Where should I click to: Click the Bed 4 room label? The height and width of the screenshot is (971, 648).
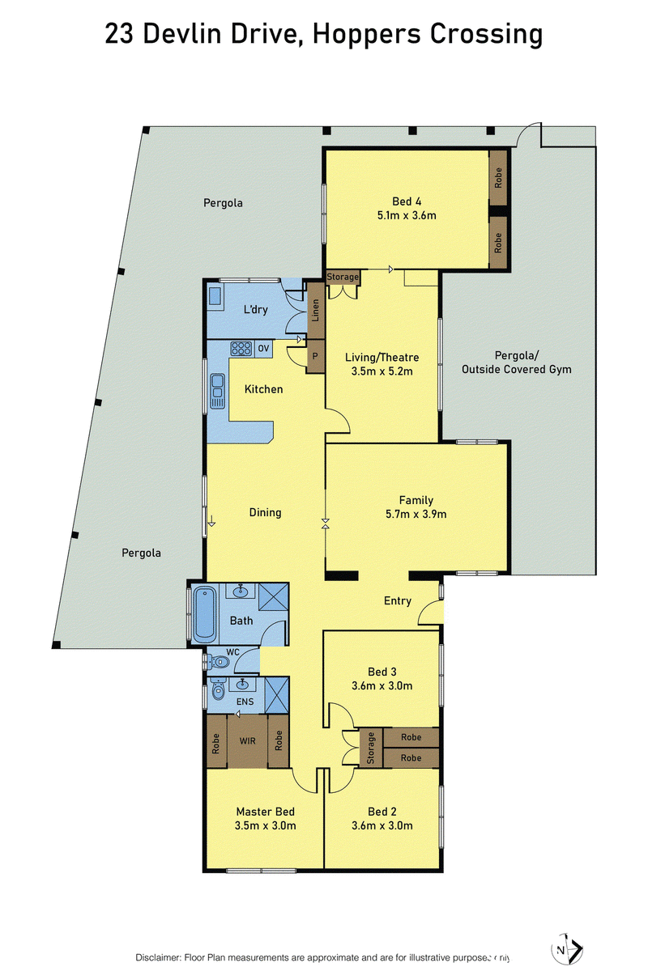pyautogui.click(x=407, y=201)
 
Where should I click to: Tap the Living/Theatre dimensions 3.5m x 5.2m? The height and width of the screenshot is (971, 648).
pyautogui.click(x=382, y=371)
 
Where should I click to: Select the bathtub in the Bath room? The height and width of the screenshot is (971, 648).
pyautogui.click(x=204, y=615)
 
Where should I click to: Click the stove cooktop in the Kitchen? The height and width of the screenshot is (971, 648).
pyautogui.click(x=241, y=349)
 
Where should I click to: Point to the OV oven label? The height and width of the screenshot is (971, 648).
pyautogui.click(x=263, y=349)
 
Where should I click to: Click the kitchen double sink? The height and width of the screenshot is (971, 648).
pyautogui.click(x=217, y=392)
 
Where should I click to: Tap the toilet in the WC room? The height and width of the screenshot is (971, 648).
pyautogui.click(x=218, y=662)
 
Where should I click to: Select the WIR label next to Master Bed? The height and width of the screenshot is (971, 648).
pyautogui.click(x=247, y=741)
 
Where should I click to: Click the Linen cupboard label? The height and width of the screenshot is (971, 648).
pyautogui.click(x=316, y=311)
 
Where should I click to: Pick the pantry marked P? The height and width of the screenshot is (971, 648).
pyautogui.click(x=316, y=356)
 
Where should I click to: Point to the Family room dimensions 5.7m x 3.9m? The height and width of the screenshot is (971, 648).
pyautogui.click(x=416, y=514)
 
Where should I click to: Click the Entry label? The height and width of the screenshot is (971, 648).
pyautogui.click(x=398, y=601)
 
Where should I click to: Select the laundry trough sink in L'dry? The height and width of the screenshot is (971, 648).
pyautogui.click(x=215, y=296)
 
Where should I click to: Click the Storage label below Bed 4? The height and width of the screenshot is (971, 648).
pyautogui.click(x=343, y=277)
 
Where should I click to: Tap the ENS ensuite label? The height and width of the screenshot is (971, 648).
pyautogui.click(x=245, y=702)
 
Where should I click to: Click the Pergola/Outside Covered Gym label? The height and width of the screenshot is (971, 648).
pyautogui.click(x=517, y=363)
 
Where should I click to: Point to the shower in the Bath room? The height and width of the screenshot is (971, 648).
pyautogui.click(x=274, y=598)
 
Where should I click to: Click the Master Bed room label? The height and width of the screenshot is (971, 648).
pyautogui.click(x=265, y=812)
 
